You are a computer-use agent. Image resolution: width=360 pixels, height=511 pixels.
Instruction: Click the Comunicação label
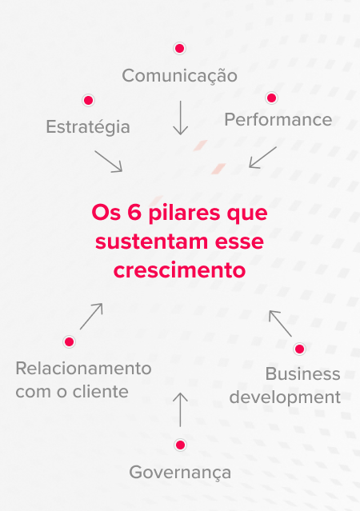[x=180, y=76]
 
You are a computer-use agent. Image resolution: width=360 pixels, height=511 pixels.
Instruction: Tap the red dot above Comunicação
[x=179, y=48]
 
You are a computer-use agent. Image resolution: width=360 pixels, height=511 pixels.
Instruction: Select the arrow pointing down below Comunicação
[x=180, y=118]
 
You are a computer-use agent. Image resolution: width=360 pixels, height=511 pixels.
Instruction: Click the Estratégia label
[x=88, y=127]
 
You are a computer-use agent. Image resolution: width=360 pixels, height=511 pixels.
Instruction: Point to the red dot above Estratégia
[x=88, y=100]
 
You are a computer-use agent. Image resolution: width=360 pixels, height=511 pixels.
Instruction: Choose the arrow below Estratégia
[x=109, y=162]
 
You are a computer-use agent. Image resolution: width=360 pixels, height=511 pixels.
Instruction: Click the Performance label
[x=278, y=120]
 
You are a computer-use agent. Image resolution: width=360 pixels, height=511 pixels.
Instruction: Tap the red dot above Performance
[x=271, y=98]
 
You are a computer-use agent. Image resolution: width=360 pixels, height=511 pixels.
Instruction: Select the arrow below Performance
[x=263, y=158]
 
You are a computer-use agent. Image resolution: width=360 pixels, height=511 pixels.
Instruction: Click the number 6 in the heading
[x=134, y=213]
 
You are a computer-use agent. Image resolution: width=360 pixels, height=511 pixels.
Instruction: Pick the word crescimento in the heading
[x=179, y=270]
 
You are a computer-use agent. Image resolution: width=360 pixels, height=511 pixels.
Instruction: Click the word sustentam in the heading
[x=152, y=242]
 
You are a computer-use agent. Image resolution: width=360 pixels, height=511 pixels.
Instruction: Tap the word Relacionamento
[x=83, y=369]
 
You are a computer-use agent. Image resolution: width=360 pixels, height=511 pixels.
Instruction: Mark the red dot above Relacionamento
[x=69, y=341]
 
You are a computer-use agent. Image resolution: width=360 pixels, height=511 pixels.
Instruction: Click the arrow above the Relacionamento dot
[x=91, y=317]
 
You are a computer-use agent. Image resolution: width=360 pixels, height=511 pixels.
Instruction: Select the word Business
[x=303, y=373]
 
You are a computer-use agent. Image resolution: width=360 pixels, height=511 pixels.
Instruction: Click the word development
[x=285, y=397]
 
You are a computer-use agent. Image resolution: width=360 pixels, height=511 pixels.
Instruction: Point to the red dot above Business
[x=299, y=349]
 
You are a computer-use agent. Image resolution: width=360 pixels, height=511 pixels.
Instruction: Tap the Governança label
[x=180, y=473]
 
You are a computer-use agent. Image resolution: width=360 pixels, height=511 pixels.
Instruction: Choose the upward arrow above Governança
[x=180, y=409]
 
